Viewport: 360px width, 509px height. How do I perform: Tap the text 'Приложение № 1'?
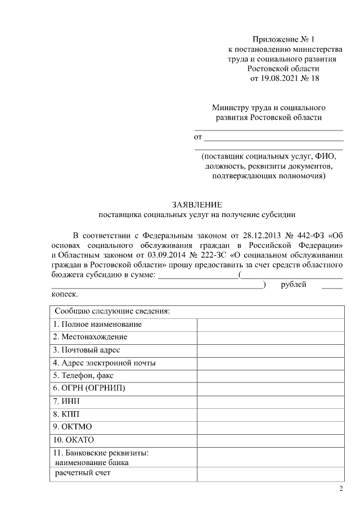click(284, 39)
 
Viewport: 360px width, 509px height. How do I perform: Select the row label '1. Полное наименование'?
click(97, 325)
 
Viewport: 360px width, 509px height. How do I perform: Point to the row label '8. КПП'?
click(66, 414)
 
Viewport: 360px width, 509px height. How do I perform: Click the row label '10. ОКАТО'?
click(73, 439)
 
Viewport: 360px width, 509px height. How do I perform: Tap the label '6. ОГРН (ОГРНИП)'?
click(89, 389)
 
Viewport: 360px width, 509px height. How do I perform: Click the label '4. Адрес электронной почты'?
click(104, 363)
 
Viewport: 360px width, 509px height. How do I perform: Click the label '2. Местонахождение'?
click(90, 337)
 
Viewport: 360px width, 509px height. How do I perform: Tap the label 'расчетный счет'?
click(83, 473)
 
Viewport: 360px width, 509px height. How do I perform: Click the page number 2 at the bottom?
click(341, 488)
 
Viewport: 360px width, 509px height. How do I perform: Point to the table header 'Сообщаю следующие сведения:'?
click(112, 311)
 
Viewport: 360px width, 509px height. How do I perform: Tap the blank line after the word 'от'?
click(273, 137)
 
